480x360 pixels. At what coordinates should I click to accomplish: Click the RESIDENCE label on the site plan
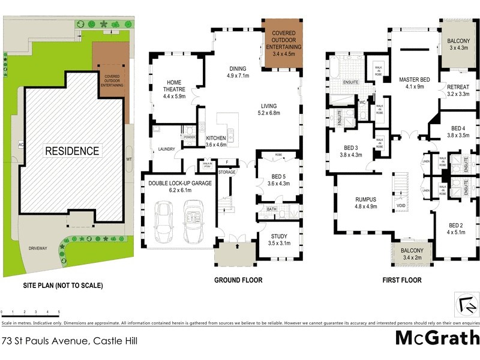click(72, 151)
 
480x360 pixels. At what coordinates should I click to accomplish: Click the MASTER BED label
click(412, 83)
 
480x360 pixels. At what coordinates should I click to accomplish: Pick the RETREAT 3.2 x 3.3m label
click(458, 90)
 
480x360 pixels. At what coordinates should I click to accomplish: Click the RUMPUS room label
click(365, 203)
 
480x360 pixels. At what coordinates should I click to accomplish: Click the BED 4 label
click(458, 132)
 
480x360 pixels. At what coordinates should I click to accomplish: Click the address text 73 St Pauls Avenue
click(69, 341)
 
